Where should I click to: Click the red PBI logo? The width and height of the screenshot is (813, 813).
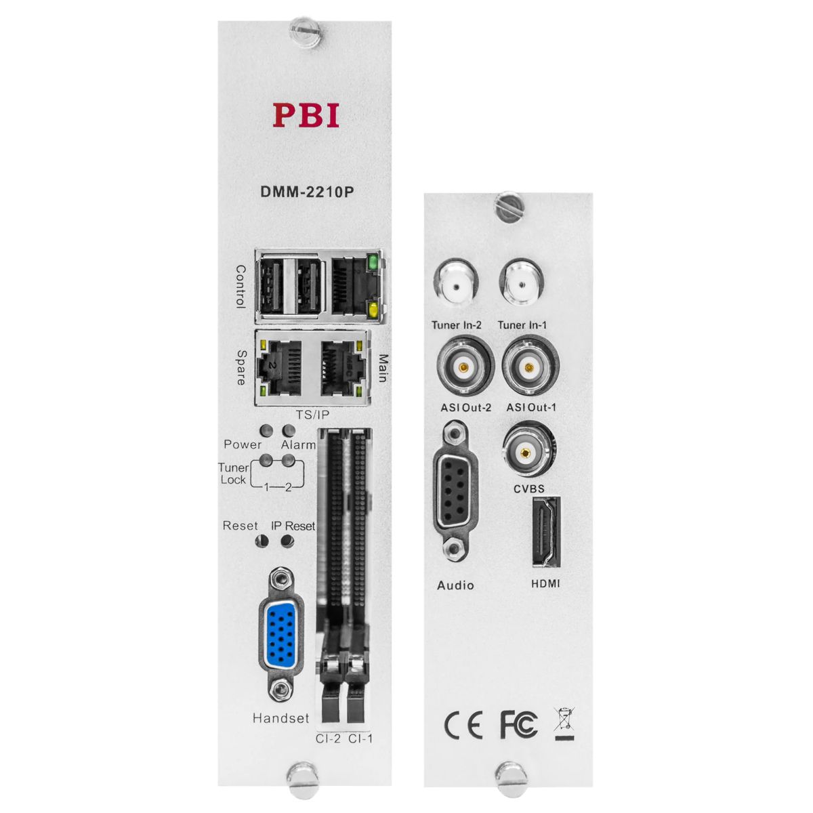tap(306, 115)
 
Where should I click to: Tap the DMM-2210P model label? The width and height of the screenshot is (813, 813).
tap(306, 191)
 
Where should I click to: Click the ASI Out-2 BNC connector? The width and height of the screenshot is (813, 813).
tap(463, 368)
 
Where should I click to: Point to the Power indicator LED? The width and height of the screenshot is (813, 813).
tap(267, 431)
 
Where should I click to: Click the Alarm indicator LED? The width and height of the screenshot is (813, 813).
tap(289, 431)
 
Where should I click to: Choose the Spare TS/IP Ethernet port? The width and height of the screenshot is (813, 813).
tap(280, 369)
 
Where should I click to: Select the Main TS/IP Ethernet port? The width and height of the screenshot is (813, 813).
tap(340, 369)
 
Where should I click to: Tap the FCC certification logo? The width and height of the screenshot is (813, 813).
tap(518, 725)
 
